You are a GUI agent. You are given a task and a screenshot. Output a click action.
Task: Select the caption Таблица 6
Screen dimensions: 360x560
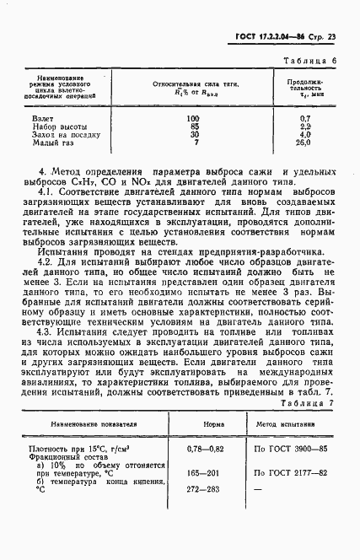coord(311,62)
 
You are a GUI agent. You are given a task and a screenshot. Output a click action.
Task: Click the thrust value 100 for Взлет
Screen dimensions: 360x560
coord(192,120)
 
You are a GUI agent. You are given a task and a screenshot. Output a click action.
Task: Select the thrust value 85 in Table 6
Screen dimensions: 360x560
coord(192,127)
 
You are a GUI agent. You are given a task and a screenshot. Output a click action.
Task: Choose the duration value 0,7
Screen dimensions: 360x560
coord(304,120)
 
